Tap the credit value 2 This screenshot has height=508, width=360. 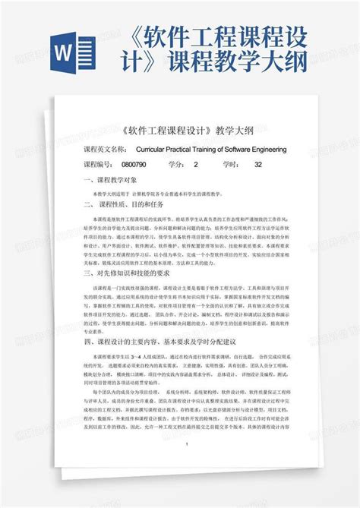tap(196, 165)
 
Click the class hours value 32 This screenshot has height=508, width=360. tap(258, 165)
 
